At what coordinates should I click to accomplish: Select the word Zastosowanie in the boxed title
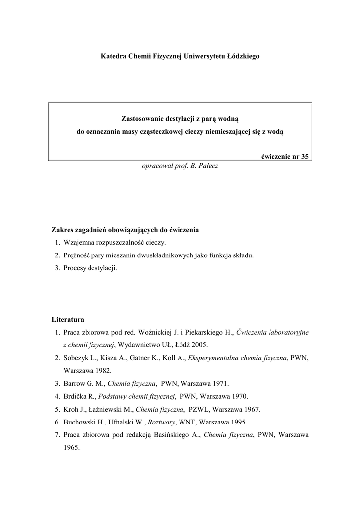[143, 119]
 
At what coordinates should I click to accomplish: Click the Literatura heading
[68, 319]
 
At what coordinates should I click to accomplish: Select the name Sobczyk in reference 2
[77, 357]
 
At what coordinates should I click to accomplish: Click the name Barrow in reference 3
[75, 383]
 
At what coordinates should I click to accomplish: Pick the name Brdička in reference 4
[77, 396]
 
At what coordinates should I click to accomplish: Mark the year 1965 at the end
[72, 447]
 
